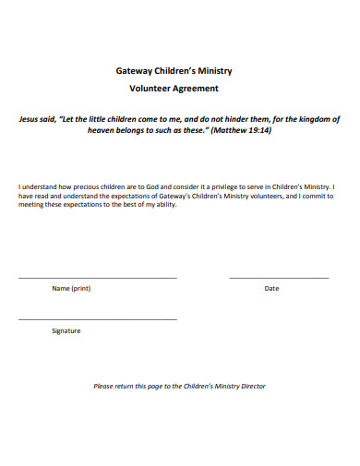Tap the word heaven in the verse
tap(102, 130)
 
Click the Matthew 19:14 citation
tap(241, 130)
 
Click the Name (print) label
tap(71, 289)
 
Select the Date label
tap(271, 289)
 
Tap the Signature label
tap(66, 330)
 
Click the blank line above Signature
tap(98, 319)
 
